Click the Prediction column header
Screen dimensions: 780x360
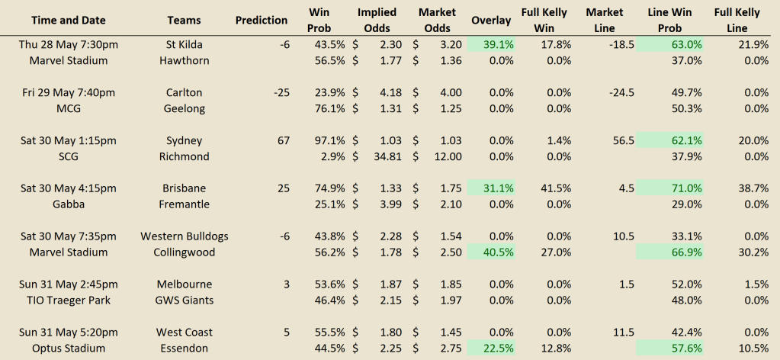click(x=262, y=21)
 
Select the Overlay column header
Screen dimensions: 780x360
click(x=491, y=21)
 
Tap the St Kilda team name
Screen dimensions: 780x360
click(x=184, y=44)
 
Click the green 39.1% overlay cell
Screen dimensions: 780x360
click(x=491, y=44)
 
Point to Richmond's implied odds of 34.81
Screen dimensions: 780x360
click(x=387, y=156)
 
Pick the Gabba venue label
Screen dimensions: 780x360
click(x=69, y=204)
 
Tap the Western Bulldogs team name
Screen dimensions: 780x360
click(x=184, y=236)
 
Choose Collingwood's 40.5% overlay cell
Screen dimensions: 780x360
click(x=491, y=252)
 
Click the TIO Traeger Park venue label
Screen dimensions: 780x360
click(x=69, y=301)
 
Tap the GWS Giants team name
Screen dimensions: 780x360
click(x=184, y=301)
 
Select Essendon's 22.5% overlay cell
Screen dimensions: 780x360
click(x=491, y=348)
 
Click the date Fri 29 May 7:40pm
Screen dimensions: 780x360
click(x=69, y=92)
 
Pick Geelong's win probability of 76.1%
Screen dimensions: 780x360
click(x=330, y=108)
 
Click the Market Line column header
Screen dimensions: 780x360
click(x=605, y=21)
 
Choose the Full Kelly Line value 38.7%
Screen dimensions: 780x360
click(x=753, y=188)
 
